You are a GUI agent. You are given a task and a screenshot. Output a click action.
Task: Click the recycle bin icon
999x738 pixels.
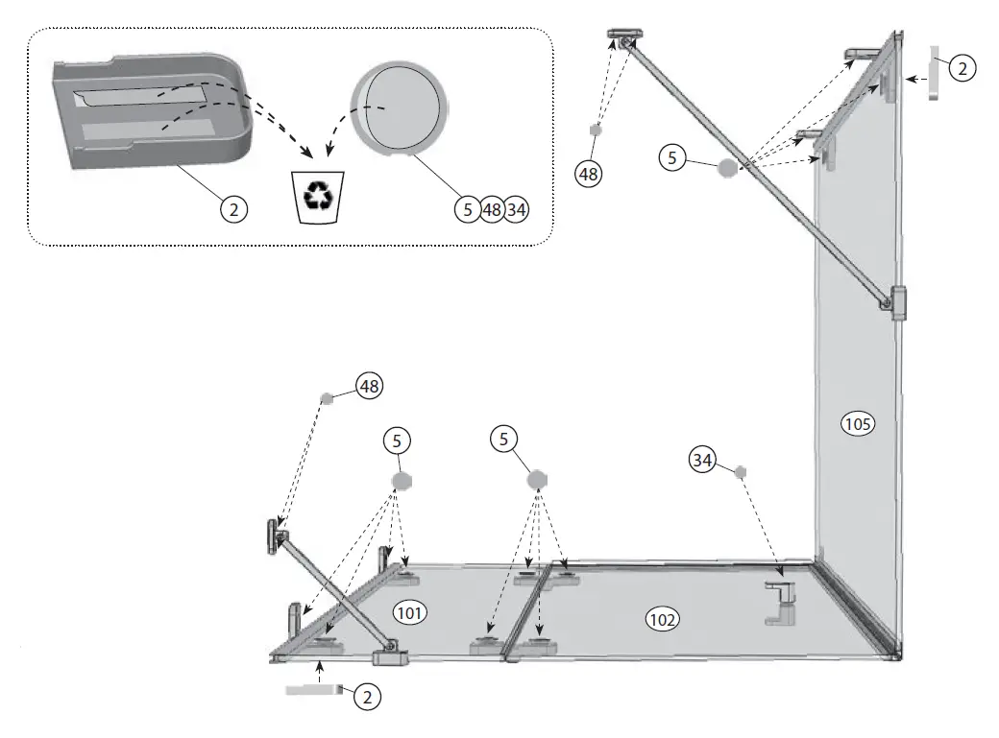pyautogui.click(x=316, y=196)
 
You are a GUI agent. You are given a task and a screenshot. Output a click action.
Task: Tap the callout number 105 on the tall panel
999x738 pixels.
pyautogui.click(x=857, y=423)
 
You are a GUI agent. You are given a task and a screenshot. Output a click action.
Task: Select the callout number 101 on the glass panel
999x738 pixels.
pyautogui.click(x=410, y=610)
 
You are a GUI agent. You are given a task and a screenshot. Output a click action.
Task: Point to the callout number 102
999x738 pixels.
pyautogui.click(x=661, y=620)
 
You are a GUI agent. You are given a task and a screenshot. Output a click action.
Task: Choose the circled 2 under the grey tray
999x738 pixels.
pyautogui.click(x=235, y=208)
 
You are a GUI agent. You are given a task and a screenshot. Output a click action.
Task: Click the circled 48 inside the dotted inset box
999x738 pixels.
pyautogui.click(x=491, y=209)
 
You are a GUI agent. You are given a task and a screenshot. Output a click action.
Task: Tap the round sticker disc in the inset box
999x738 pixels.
pyautogui.click(x=399, y=110)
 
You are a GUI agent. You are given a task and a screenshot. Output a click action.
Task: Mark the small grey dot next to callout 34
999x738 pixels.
pyautogui.click(x=741, y=471)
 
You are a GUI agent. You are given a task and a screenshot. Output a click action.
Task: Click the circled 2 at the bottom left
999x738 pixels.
pyautogui.click(x=366, y=698)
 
